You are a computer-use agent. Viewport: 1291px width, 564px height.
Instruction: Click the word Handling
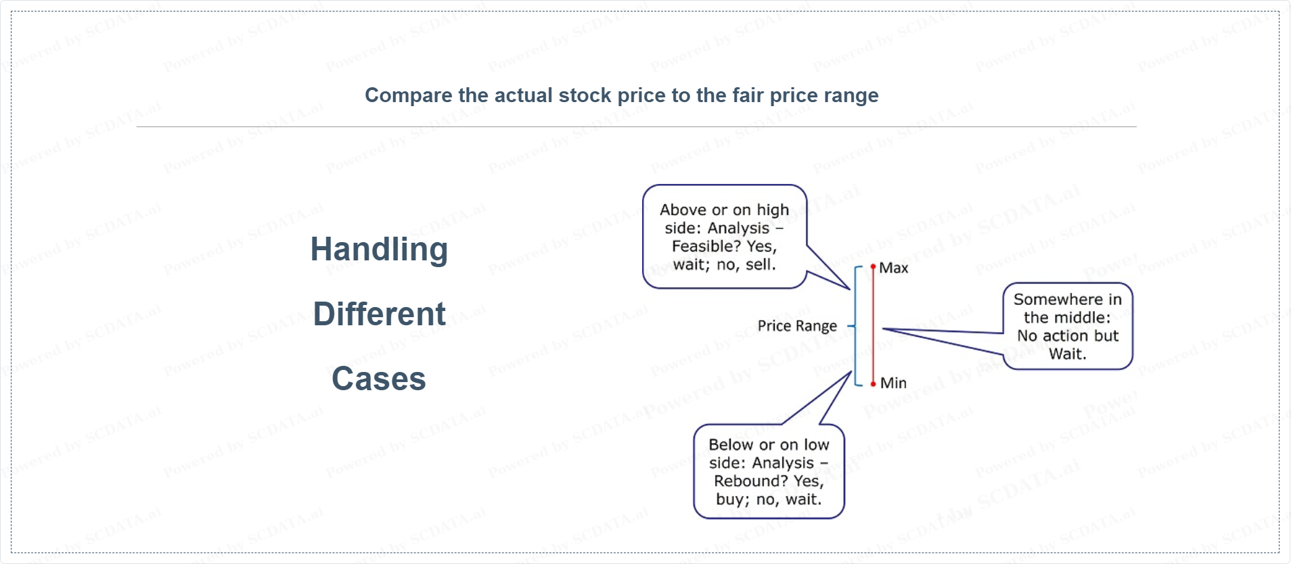click(379, 250)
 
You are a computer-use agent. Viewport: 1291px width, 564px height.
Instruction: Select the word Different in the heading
click(379, 314)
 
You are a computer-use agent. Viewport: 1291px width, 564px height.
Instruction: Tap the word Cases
click(379, 379)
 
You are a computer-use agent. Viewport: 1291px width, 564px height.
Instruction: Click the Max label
click(893, 268)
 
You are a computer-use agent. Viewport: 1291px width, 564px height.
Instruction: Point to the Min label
click(893, 383)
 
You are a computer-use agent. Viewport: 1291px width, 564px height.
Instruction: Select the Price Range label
click(797, 326)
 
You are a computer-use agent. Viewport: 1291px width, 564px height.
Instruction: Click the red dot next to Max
click(874, 267)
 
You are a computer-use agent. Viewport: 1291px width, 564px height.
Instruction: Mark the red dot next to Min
click(874, 383)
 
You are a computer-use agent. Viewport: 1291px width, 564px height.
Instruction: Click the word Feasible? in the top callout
click(706, 246)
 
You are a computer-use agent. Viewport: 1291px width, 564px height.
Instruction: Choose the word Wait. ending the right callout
click(1068, 354)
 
